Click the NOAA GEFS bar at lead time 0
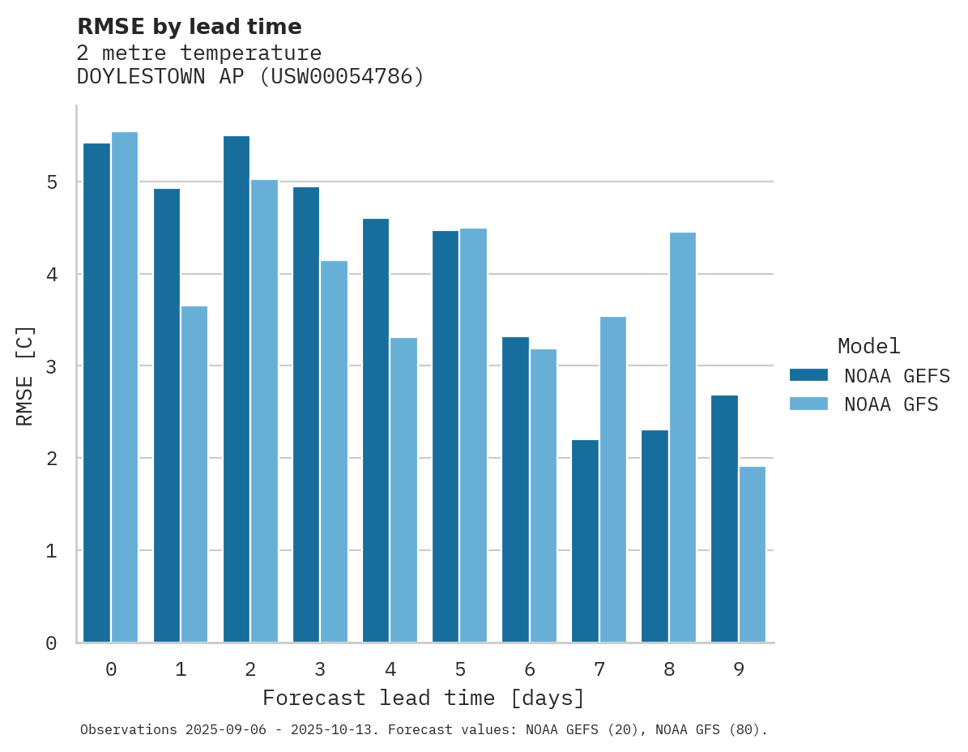[x=96, y=393]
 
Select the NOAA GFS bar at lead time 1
[x=194, y=474]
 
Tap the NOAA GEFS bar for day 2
[x=237, y=389]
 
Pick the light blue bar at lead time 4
[x=403, y=490]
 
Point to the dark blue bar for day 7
[x=585, y=541]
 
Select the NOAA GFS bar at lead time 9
[x=752, y=554]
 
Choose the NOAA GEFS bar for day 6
[x=515, y=489]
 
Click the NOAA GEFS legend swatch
[x=808, y=375]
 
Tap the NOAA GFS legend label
[x=890, y=404]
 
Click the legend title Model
[x=868, y=347]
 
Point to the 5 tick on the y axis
[x=51, y=182]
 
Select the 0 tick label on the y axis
[x=51, y=643]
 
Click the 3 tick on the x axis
[x=320, y=670]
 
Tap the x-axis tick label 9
[x=738, y=670]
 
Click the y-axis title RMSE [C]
[x=26, y=375]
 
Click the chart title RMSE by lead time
[x=189, y=27]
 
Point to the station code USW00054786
[x=341, y=77]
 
